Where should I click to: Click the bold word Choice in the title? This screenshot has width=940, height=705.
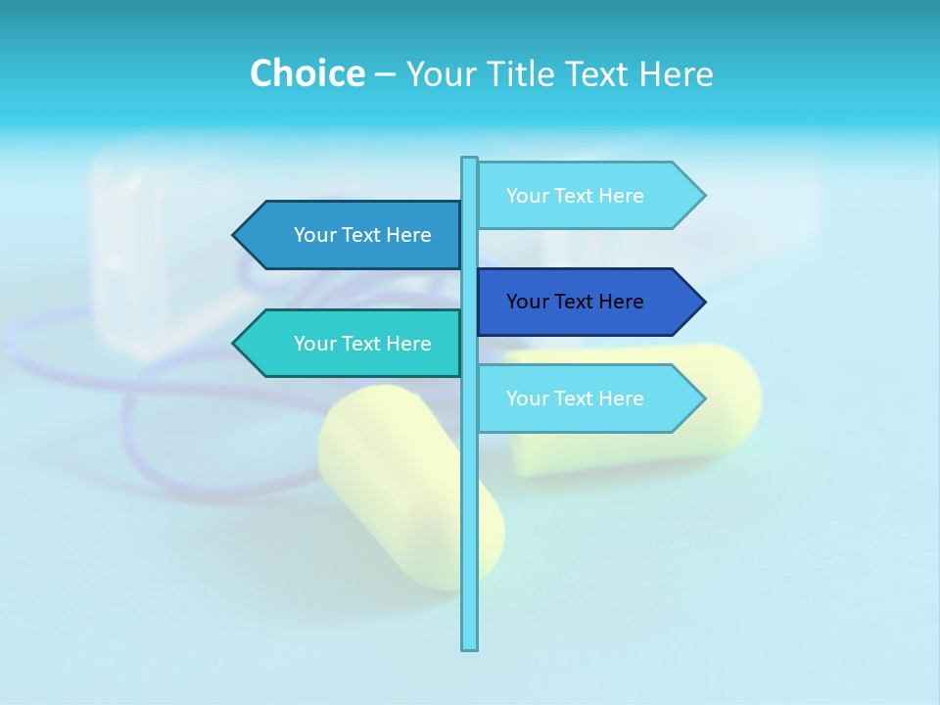point(306,73)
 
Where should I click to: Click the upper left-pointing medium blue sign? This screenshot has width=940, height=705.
point(352,235)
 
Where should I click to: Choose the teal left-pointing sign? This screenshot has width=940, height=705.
point(352,344)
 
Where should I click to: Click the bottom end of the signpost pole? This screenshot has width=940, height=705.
point(470,646)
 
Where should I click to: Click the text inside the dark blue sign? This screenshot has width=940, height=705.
point(575,302)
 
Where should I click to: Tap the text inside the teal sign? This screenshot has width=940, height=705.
point(362,344)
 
